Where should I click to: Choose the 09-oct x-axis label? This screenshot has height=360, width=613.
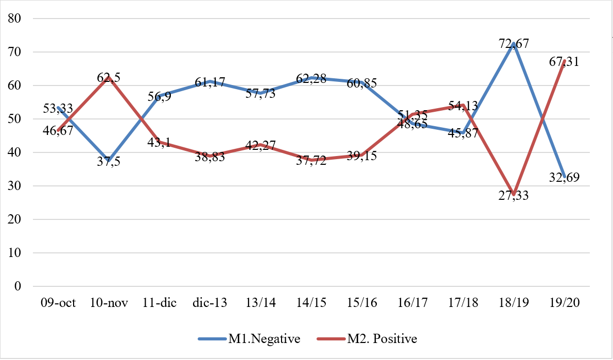click(58, 303)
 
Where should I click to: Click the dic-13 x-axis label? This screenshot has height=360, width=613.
click(211, 303)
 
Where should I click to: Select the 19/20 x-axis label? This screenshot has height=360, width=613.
click(565, 303)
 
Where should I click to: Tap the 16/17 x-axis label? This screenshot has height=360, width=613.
click(413, 303)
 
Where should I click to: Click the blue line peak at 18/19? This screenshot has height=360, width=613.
click(514, 44)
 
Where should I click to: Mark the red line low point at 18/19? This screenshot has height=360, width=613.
click(514, 195)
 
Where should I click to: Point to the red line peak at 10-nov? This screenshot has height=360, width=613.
click(109, 77)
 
